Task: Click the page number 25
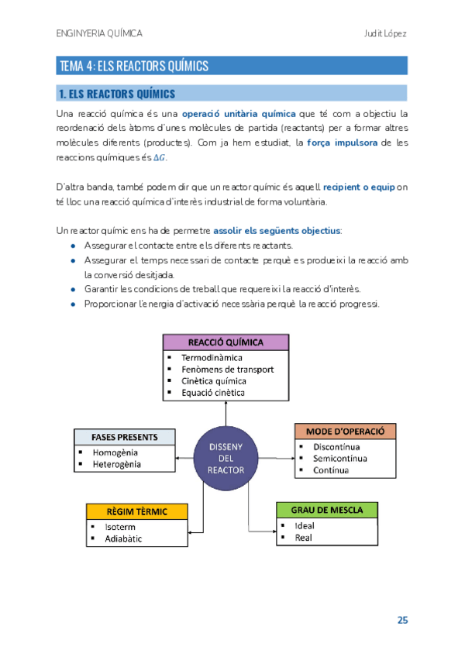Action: [x=402, y=620]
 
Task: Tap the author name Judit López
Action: [x=385, y=34]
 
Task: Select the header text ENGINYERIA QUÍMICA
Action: [x=99, y=34]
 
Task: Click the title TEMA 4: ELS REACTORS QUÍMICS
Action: [x=134, y=66]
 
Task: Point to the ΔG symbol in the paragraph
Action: [x=160, y=158]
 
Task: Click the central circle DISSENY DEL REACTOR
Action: [x=226, y=459]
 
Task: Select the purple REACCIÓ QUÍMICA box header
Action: [x=226, y=342]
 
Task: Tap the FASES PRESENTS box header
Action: [x=122, y=436]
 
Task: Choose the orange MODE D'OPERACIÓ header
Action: [x=345, y=431]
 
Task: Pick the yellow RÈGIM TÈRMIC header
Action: [x=137, y=512]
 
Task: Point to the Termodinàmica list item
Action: [x=212, y=358]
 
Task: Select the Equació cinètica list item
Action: [x=213, y=393]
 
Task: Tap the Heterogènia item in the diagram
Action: [x=117, y=464]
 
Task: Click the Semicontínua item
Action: [x=340, y=459]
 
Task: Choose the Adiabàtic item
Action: [x=123, y=539]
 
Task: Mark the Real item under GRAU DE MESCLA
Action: [x=303, y=538]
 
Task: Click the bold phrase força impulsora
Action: [x=343, y=143]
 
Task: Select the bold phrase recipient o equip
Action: [x=358, y=187]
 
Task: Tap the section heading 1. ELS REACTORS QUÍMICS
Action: [x=117, y=95]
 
